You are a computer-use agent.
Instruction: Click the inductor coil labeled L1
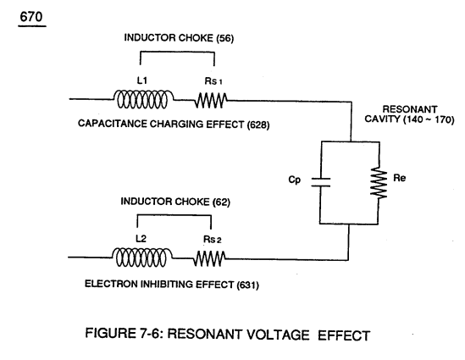click(143, 99)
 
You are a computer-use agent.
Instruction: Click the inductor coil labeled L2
click(141, 258)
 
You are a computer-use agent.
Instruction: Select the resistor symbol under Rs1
click(211, 100)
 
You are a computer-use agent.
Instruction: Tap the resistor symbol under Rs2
click(209, 258)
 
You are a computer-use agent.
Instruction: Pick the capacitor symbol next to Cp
click(320, 182)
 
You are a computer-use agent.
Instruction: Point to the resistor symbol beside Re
click(379, 182)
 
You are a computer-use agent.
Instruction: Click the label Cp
click(295, 180)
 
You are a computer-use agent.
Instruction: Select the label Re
click(400, 178)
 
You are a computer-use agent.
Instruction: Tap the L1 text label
click(142, 80)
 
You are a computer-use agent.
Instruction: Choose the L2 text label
click(141, 238)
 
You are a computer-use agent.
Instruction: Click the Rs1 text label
click(213, 81)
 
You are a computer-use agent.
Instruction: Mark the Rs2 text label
click(213, 240)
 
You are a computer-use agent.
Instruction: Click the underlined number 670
click(31, 17)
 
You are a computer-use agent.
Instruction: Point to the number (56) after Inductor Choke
click(224, 38)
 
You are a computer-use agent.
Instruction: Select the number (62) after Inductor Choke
click(221, 202)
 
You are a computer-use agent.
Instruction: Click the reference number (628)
click(258, 125)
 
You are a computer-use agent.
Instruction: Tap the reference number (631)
click(247, 285)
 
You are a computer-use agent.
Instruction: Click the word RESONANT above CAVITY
click(410, 109)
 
